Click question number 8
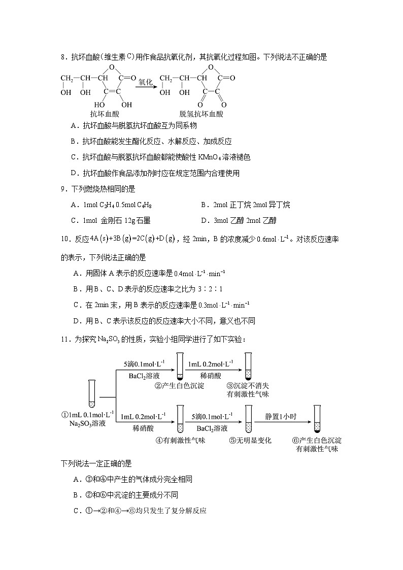pyautogui.click(x=63, y=57)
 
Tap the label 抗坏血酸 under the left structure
pyautogui.click(x=105, y=114)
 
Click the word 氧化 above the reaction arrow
pyautogui.click(x=146, y=82)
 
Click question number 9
pyautogui.click(x=63, y=189)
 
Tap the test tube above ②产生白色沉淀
pyautogui.click(x=179, y=366)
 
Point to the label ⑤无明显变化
pyautogui.click(x=250, y=440)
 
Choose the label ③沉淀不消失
pyautogui.click(x=248, y=385)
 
